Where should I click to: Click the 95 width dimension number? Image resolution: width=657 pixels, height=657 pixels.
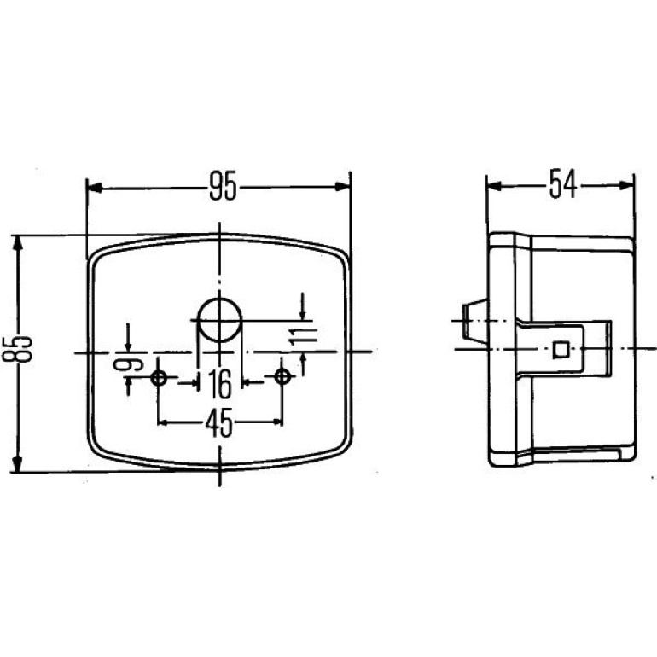click(x=223, y=185)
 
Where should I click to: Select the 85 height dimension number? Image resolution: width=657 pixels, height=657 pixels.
click(x=17, y=348)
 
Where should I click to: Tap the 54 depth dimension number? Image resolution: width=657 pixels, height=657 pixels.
click(x=563, y=183)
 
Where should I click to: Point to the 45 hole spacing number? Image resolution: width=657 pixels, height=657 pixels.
click(x=218, y=422)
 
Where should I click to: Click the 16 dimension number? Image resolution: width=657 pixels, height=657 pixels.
click(x=220, y=384)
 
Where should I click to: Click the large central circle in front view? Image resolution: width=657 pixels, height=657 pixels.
click(x=219, y=320)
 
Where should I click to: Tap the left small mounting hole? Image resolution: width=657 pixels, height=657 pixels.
click(x=159, y=377)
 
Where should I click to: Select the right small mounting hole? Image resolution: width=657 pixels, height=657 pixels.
click(x=282, y=376)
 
